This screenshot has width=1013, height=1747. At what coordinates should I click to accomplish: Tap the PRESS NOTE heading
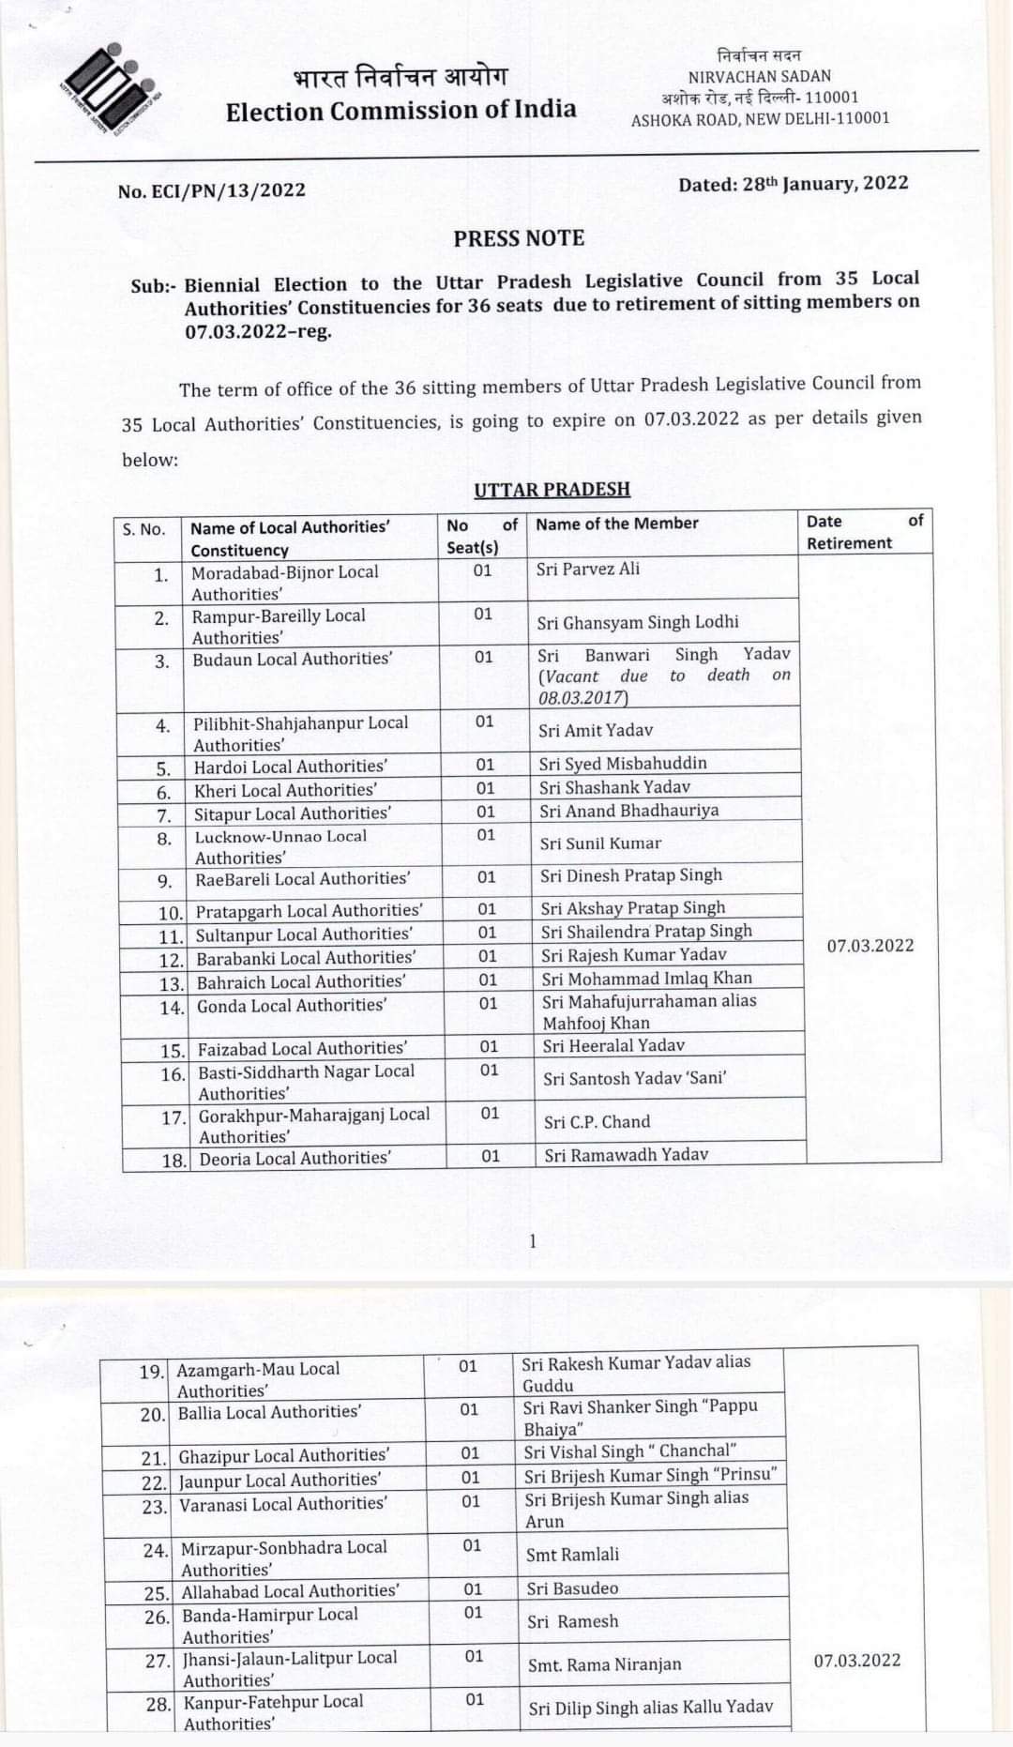[x=519, y=238]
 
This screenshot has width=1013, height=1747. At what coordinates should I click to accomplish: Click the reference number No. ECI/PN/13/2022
[x=212, y=190]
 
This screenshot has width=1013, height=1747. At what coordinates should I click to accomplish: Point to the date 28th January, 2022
[x=794, y=183]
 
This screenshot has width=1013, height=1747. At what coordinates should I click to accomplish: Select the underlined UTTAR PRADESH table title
[x=552, y=490]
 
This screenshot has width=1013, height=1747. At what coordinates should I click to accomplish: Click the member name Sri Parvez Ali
[x=588, y=569]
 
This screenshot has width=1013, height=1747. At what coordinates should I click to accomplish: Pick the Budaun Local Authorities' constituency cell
[x=292, y=659]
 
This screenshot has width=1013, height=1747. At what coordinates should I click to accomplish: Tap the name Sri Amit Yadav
[x=596, y=730]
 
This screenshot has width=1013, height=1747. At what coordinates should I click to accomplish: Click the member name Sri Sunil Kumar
[x=600, y=843]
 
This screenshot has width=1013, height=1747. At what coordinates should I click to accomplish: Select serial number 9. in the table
[x=165, y=881]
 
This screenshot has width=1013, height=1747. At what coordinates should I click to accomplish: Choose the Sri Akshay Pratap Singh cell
[x=633, y=907]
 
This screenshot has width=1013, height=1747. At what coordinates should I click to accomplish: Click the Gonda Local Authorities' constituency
[x=291, y=1006]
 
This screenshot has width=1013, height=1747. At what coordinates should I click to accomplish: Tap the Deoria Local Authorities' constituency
[x=295, y=1159]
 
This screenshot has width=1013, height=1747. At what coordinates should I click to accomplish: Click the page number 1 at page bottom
[x=533, y=1241]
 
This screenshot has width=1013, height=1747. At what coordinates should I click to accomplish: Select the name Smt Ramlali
[x=572, y=1555]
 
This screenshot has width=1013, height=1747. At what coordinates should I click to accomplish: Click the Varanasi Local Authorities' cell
[x=282, y=1503]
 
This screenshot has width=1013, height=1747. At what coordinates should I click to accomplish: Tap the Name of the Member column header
[x=617, y=524]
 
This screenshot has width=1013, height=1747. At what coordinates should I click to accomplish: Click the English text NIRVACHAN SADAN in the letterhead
[x=759, y=76]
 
